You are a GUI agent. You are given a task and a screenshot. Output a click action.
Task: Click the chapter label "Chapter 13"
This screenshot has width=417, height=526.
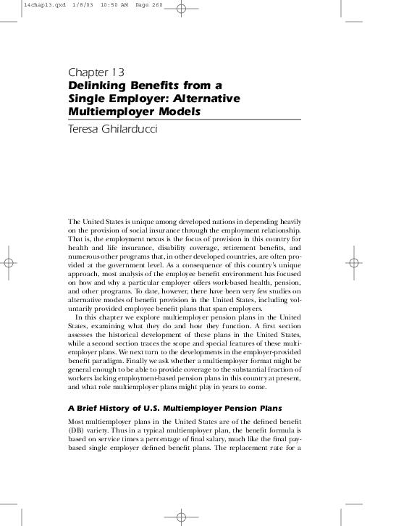[x=97, y=72]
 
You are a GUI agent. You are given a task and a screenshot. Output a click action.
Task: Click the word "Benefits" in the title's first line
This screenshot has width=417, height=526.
[x=158, y=85]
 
